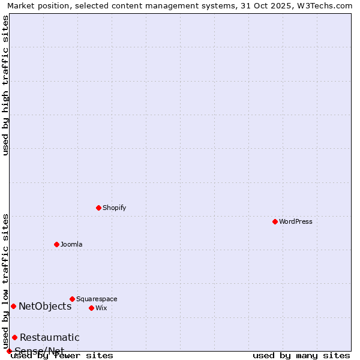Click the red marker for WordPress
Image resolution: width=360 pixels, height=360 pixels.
[x=275, y=221]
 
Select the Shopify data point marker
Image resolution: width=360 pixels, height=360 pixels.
[x=98, y=208]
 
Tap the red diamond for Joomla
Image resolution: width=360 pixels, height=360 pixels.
[x=56, y=244]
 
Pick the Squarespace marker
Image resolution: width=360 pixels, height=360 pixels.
[x=72, y=299]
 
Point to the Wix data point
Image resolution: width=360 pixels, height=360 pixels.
[x=91, y=308]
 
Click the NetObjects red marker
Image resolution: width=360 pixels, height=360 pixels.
[x=13, y=306]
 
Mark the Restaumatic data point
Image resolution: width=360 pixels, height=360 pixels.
[x=14, y=337]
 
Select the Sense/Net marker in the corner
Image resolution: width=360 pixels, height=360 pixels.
[x=9, y=351]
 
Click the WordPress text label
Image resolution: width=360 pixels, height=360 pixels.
[x=296, y=221]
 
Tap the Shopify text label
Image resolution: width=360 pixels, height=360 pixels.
[x=115, y=208]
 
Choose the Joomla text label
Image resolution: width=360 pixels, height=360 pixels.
[x=71, y=244]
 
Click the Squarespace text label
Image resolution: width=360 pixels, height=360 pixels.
[x=97, y=299]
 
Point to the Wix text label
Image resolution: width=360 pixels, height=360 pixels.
[x=101, y=308]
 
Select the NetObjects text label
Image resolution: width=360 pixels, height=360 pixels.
[x=45, y=307]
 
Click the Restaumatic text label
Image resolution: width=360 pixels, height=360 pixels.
[x=50, y=338]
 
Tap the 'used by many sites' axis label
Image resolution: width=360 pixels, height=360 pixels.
[x=301, y=356]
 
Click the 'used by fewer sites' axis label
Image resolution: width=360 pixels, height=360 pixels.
[x=62, y=356]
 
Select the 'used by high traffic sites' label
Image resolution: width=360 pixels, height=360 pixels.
[x=6, y=85]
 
